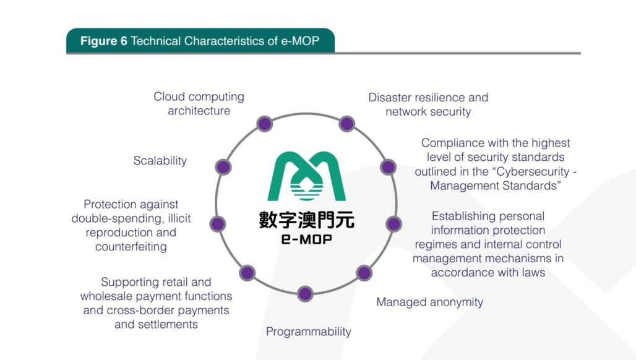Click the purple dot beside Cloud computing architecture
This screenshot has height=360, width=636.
click(265, 124)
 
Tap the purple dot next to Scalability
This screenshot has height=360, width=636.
click(224, 167)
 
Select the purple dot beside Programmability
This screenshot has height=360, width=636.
click(305, 294)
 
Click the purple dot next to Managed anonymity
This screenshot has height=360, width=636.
click(364, 273)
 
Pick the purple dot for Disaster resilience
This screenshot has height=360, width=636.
click(347, 124)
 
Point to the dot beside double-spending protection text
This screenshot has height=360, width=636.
click(218, 224)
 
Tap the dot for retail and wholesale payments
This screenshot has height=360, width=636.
click(247, 273)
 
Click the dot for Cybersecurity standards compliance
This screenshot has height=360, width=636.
click(388, 167)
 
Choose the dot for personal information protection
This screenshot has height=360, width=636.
click(393, 224)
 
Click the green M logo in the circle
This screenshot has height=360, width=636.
click(306, 176)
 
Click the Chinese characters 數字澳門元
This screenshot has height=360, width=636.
click(306, 220)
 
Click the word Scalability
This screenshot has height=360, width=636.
click(160, 161)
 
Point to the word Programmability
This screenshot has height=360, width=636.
click(308, 332)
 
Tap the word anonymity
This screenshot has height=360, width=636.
click(452, 302)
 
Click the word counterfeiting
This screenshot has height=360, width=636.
click(131, 247)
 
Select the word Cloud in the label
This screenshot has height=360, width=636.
click(169, 97)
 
